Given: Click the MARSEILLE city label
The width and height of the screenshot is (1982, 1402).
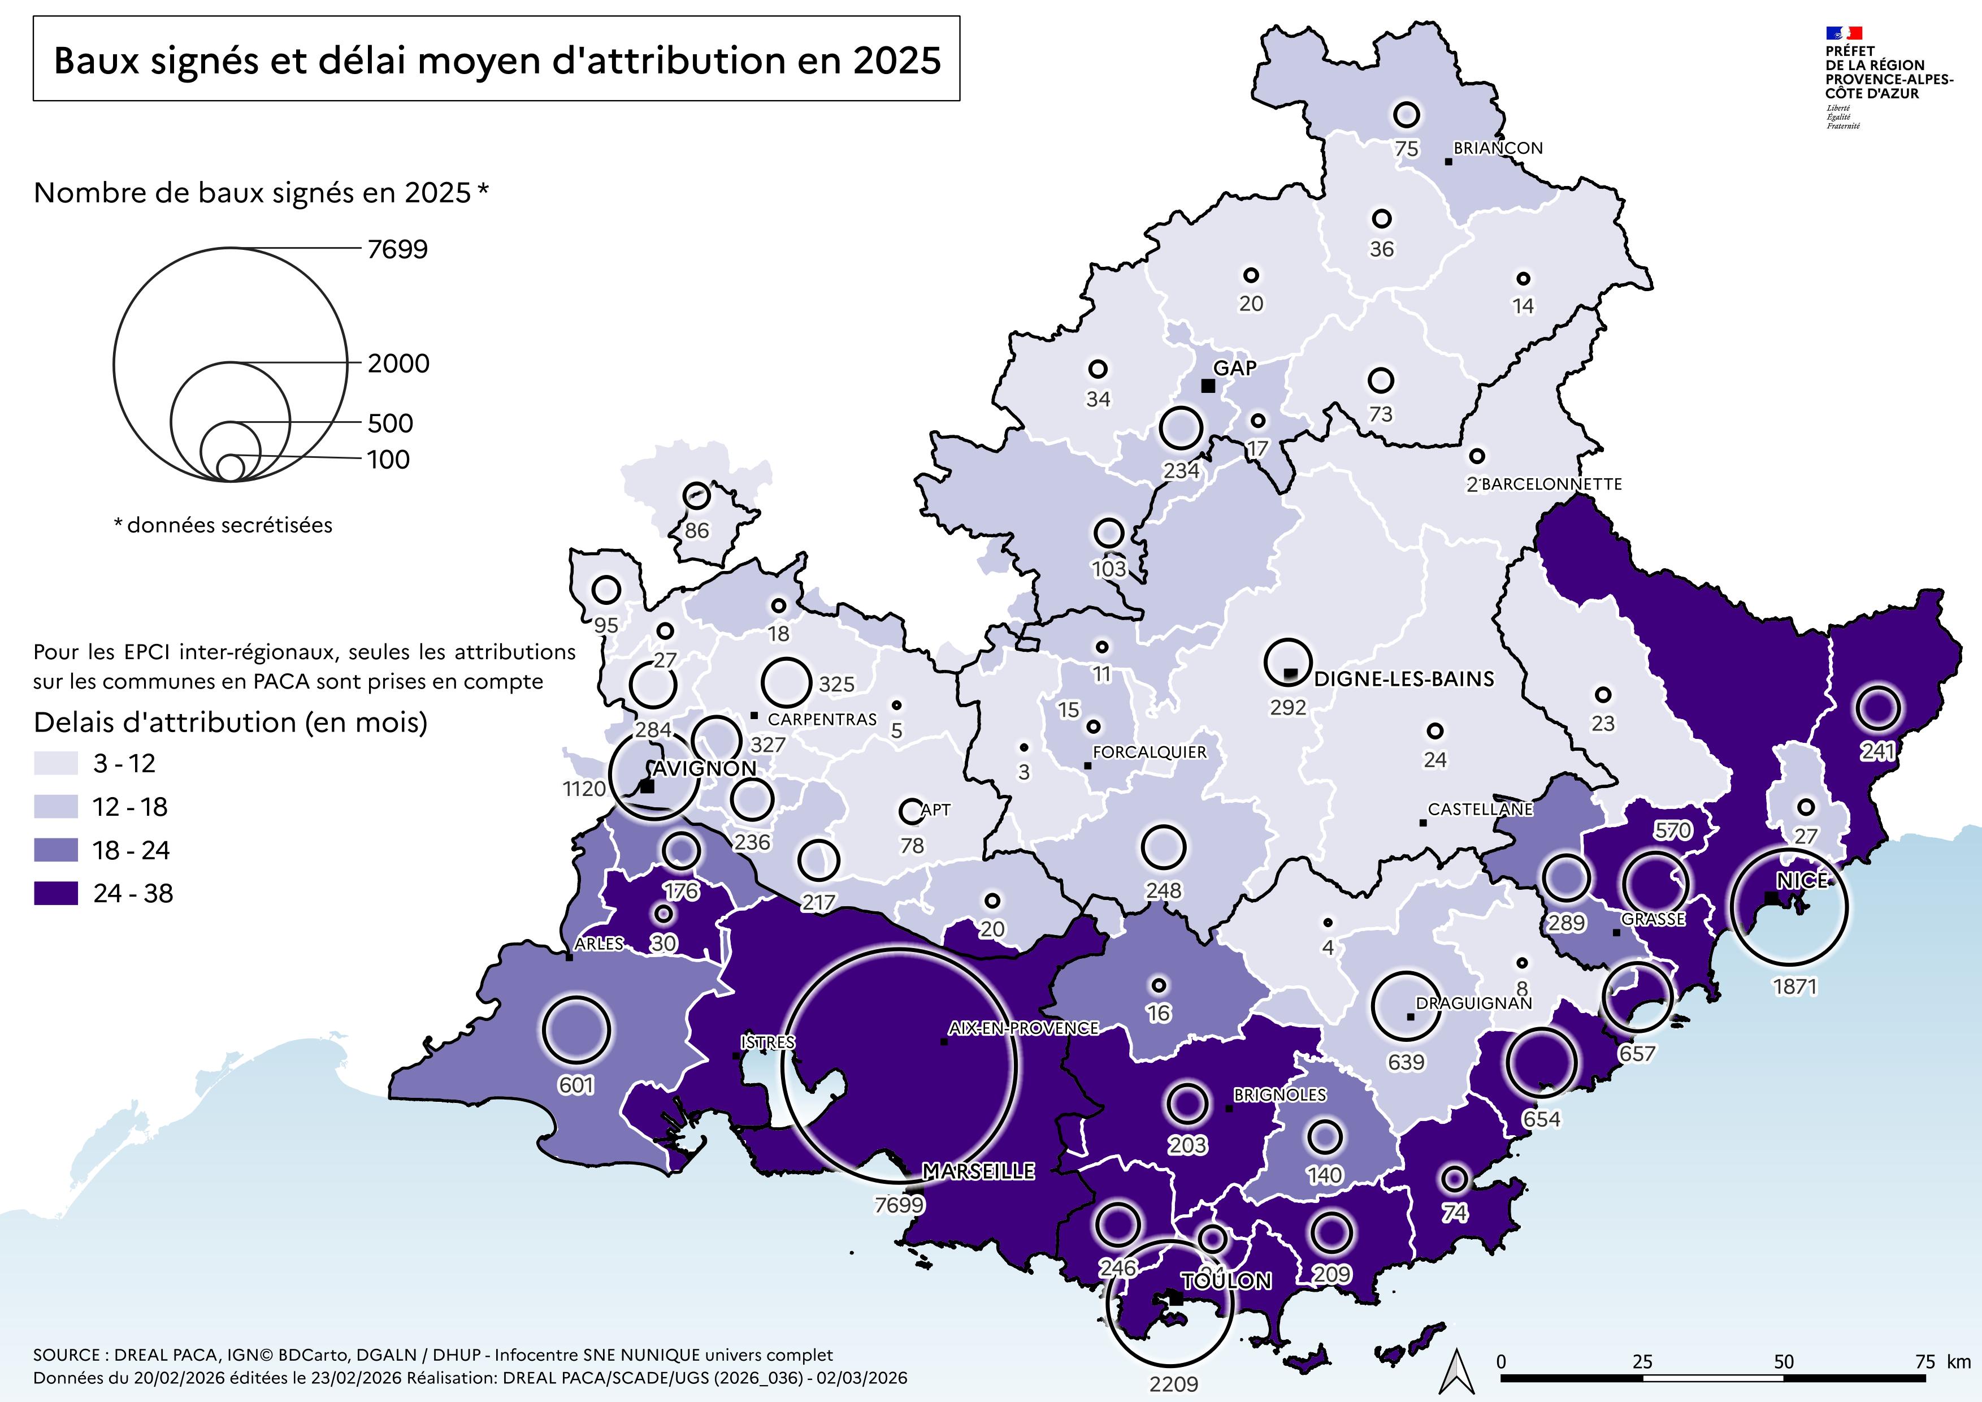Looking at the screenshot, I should [x=978, y=1171].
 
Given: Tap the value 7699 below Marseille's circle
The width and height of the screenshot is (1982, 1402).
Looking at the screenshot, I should [x=899, y=1204].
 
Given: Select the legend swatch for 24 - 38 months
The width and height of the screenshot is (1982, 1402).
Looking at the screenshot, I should [x=55, y=894].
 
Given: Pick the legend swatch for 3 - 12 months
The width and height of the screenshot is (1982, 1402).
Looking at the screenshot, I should [x=55, y=763].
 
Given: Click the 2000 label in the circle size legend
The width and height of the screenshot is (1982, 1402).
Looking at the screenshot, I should [x=398, y=364].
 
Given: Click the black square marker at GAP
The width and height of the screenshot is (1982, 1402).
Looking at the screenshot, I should [x=1208, y=386].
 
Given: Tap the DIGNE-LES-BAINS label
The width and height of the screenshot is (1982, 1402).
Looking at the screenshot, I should [x=1404, y=680].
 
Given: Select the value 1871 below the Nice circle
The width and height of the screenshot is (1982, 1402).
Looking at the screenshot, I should [x=1795, y=986].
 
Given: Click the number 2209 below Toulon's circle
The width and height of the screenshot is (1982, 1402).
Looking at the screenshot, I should [x=1173, y=1384].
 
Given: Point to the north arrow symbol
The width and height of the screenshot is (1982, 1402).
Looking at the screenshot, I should [x=1458, y=1371].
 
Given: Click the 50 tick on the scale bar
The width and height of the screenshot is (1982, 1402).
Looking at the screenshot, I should [x=1784, y=1362].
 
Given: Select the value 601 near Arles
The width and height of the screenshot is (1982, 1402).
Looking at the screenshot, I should [x=576, y=1085].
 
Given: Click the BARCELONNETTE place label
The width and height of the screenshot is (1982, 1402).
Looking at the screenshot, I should [x=1551, y=484].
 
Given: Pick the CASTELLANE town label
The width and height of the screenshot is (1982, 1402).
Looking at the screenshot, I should [x=1480, y=810].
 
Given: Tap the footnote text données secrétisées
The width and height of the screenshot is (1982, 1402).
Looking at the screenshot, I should [x=229, y=525].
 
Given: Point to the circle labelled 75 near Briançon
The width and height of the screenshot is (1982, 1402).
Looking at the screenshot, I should [x=1406, y=114].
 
